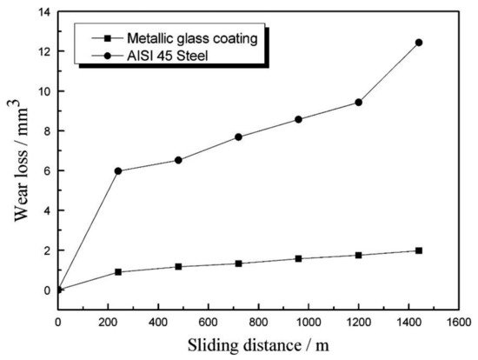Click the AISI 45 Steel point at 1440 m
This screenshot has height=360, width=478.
(419, 42)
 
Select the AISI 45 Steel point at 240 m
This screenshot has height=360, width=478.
(117, 170)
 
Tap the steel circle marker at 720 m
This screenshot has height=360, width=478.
(238, 137)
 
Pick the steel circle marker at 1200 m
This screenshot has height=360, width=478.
(358, 103)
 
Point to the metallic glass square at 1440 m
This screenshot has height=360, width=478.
(419, 250)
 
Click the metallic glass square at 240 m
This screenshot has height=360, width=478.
(117, 272)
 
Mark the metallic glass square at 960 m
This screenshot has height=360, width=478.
(298, 258)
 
